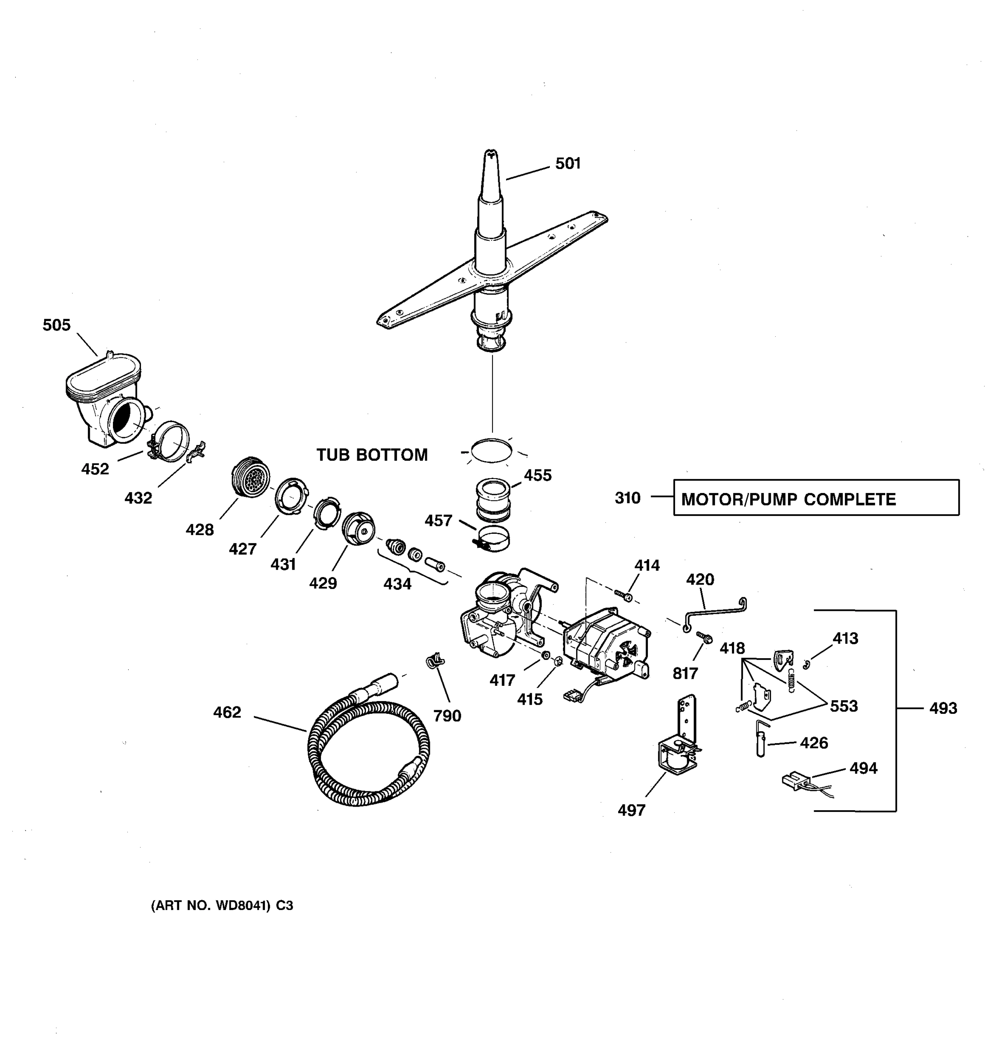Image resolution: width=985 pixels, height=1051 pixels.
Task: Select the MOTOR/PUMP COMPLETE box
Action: [816, 497]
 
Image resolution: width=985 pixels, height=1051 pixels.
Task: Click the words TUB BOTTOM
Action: [372, 455]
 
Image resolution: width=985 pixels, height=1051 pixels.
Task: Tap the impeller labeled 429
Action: [358, 528]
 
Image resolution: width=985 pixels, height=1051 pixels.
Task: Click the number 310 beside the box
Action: [627, 497]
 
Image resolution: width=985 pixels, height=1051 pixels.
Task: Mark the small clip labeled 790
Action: [435, 660]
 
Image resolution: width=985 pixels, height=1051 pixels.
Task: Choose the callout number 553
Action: [844, 706]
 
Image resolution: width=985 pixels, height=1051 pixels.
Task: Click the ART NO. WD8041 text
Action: [222, 906]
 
